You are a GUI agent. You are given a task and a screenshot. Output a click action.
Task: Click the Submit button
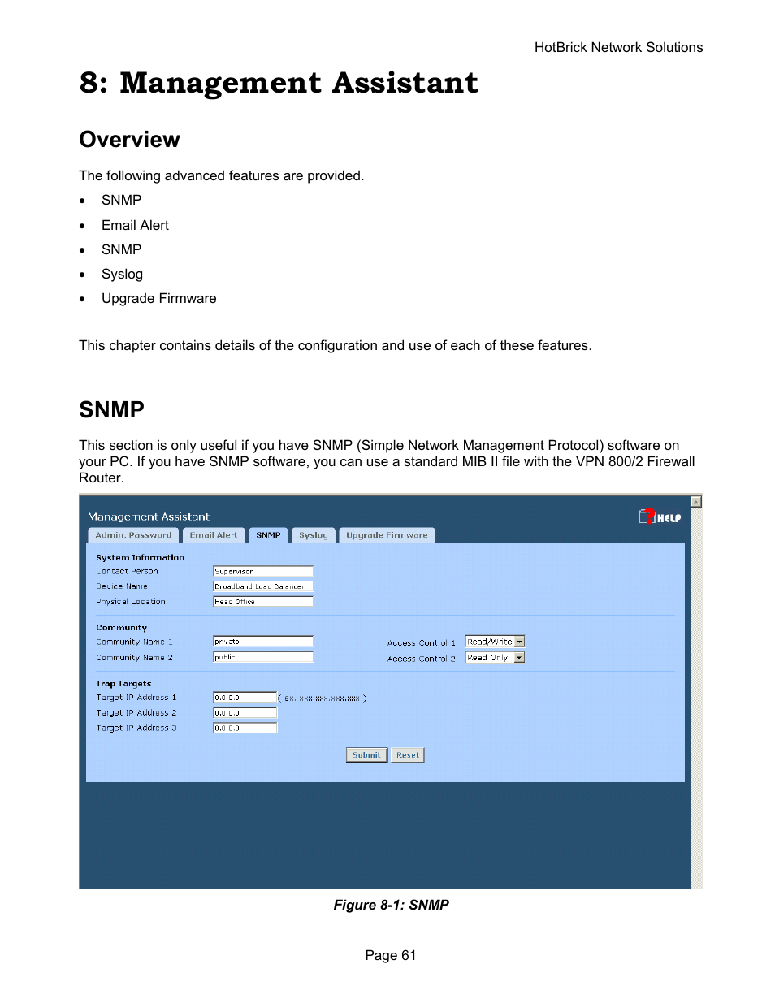point(366,755)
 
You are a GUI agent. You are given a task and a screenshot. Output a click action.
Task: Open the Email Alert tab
point(214,535)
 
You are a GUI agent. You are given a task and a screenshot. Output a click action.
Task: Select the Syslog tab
point(313,535)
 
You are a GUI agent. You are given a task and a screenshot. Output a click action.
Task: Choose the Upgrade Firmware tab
point(387,535)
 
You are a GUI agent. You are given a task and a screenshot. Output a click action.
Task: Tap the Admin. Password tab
point(133,535)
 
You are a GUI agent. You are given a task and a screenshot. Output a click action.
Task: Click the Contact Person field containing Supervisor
point(262,571)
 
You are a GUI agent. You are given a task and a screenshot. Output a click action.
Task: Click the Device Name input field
point(262,586)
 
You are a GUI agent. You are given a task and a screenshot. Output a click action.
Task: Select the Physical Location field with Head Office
point(262,602)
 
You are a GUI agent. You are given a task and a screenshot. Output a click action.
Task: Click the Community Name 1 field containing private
point(262,642)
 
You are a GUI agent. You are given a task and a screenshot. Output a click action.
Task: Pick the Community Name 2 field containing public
point(262,657)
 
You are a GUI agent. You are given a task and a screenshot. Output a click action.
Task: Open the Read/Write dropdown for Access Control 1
point(495,642)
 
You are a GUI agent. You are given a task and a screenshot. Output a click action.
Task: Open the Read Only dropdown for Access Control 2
point(495,658)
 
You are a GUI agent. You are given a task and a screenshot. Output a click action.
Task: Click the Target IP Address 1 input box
point(245,698)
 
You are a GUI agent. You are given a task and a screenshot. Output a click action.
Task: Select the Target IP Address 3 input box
point(245,728)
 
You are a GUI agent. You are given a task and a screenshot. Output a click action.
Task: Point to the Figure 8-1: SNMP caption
point(391,905)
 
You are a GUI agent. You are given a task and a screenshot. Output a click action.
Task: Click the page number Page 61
point(390,955)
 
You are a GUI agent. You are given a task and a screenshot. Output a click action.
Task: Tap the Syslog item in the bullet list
point(122,275)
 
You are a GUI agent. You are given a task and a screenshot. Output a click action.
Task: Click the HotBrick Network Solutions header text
point(618,48)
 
